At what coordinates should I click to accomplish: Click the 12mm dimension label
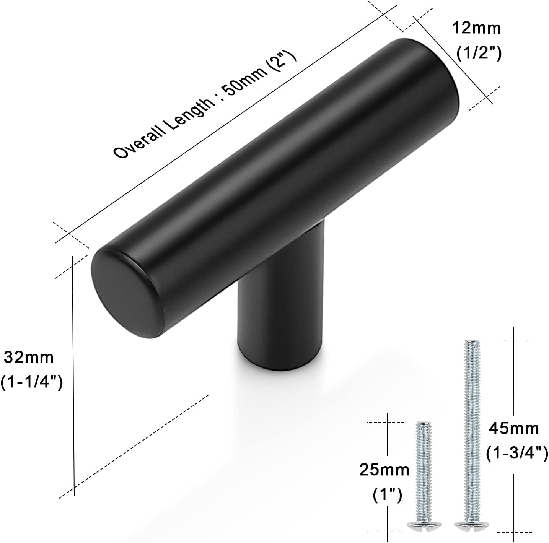point(476,29)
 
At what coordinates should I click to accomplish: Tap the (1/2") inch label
point(479,54)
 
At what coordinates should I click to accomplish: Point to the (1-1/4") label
point(32,382)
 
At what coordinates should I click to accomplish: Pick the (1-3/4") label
point(517,454)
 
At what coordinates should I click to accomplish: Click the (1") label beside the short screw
point(387,496)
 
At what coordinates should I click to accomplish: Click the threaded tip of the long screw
point(470,344)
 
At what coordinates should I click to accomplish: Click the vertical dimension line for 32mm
point(73,375)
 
